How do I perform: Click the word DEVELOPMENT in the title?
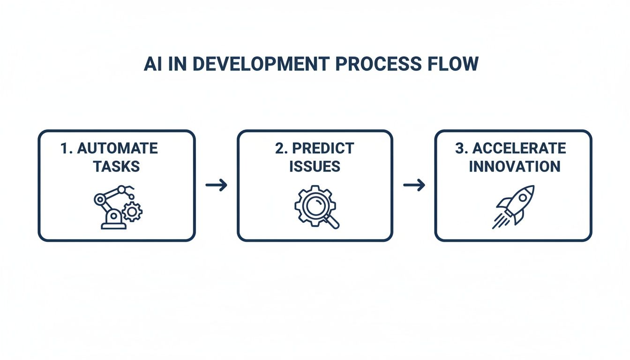click(259, 64)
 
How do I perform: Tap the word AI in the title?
click(152, 64)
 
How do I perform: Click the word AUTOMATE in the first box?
click(117, 149)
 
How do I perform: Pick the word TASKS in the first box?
click(116, 166)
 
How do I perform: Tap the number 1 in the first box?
click(64, 149)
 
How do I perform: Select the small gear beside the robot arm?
click(132, 212)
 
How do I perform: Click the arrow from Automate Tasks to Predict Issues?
click(216, 185)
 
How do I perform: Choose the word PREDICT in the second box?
click(323, 149)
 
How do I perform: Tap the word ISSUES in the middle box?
click(315, 166)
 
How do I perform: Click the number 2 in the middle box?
click(279, 149)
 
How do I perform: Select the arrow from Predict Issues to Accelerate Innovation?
click(414, 185)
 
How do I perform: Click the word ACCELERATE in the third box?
click(519, 149)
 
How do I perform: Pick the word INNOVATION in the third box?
click(514, 166)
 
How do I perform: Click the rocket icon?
click(514, 206)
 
